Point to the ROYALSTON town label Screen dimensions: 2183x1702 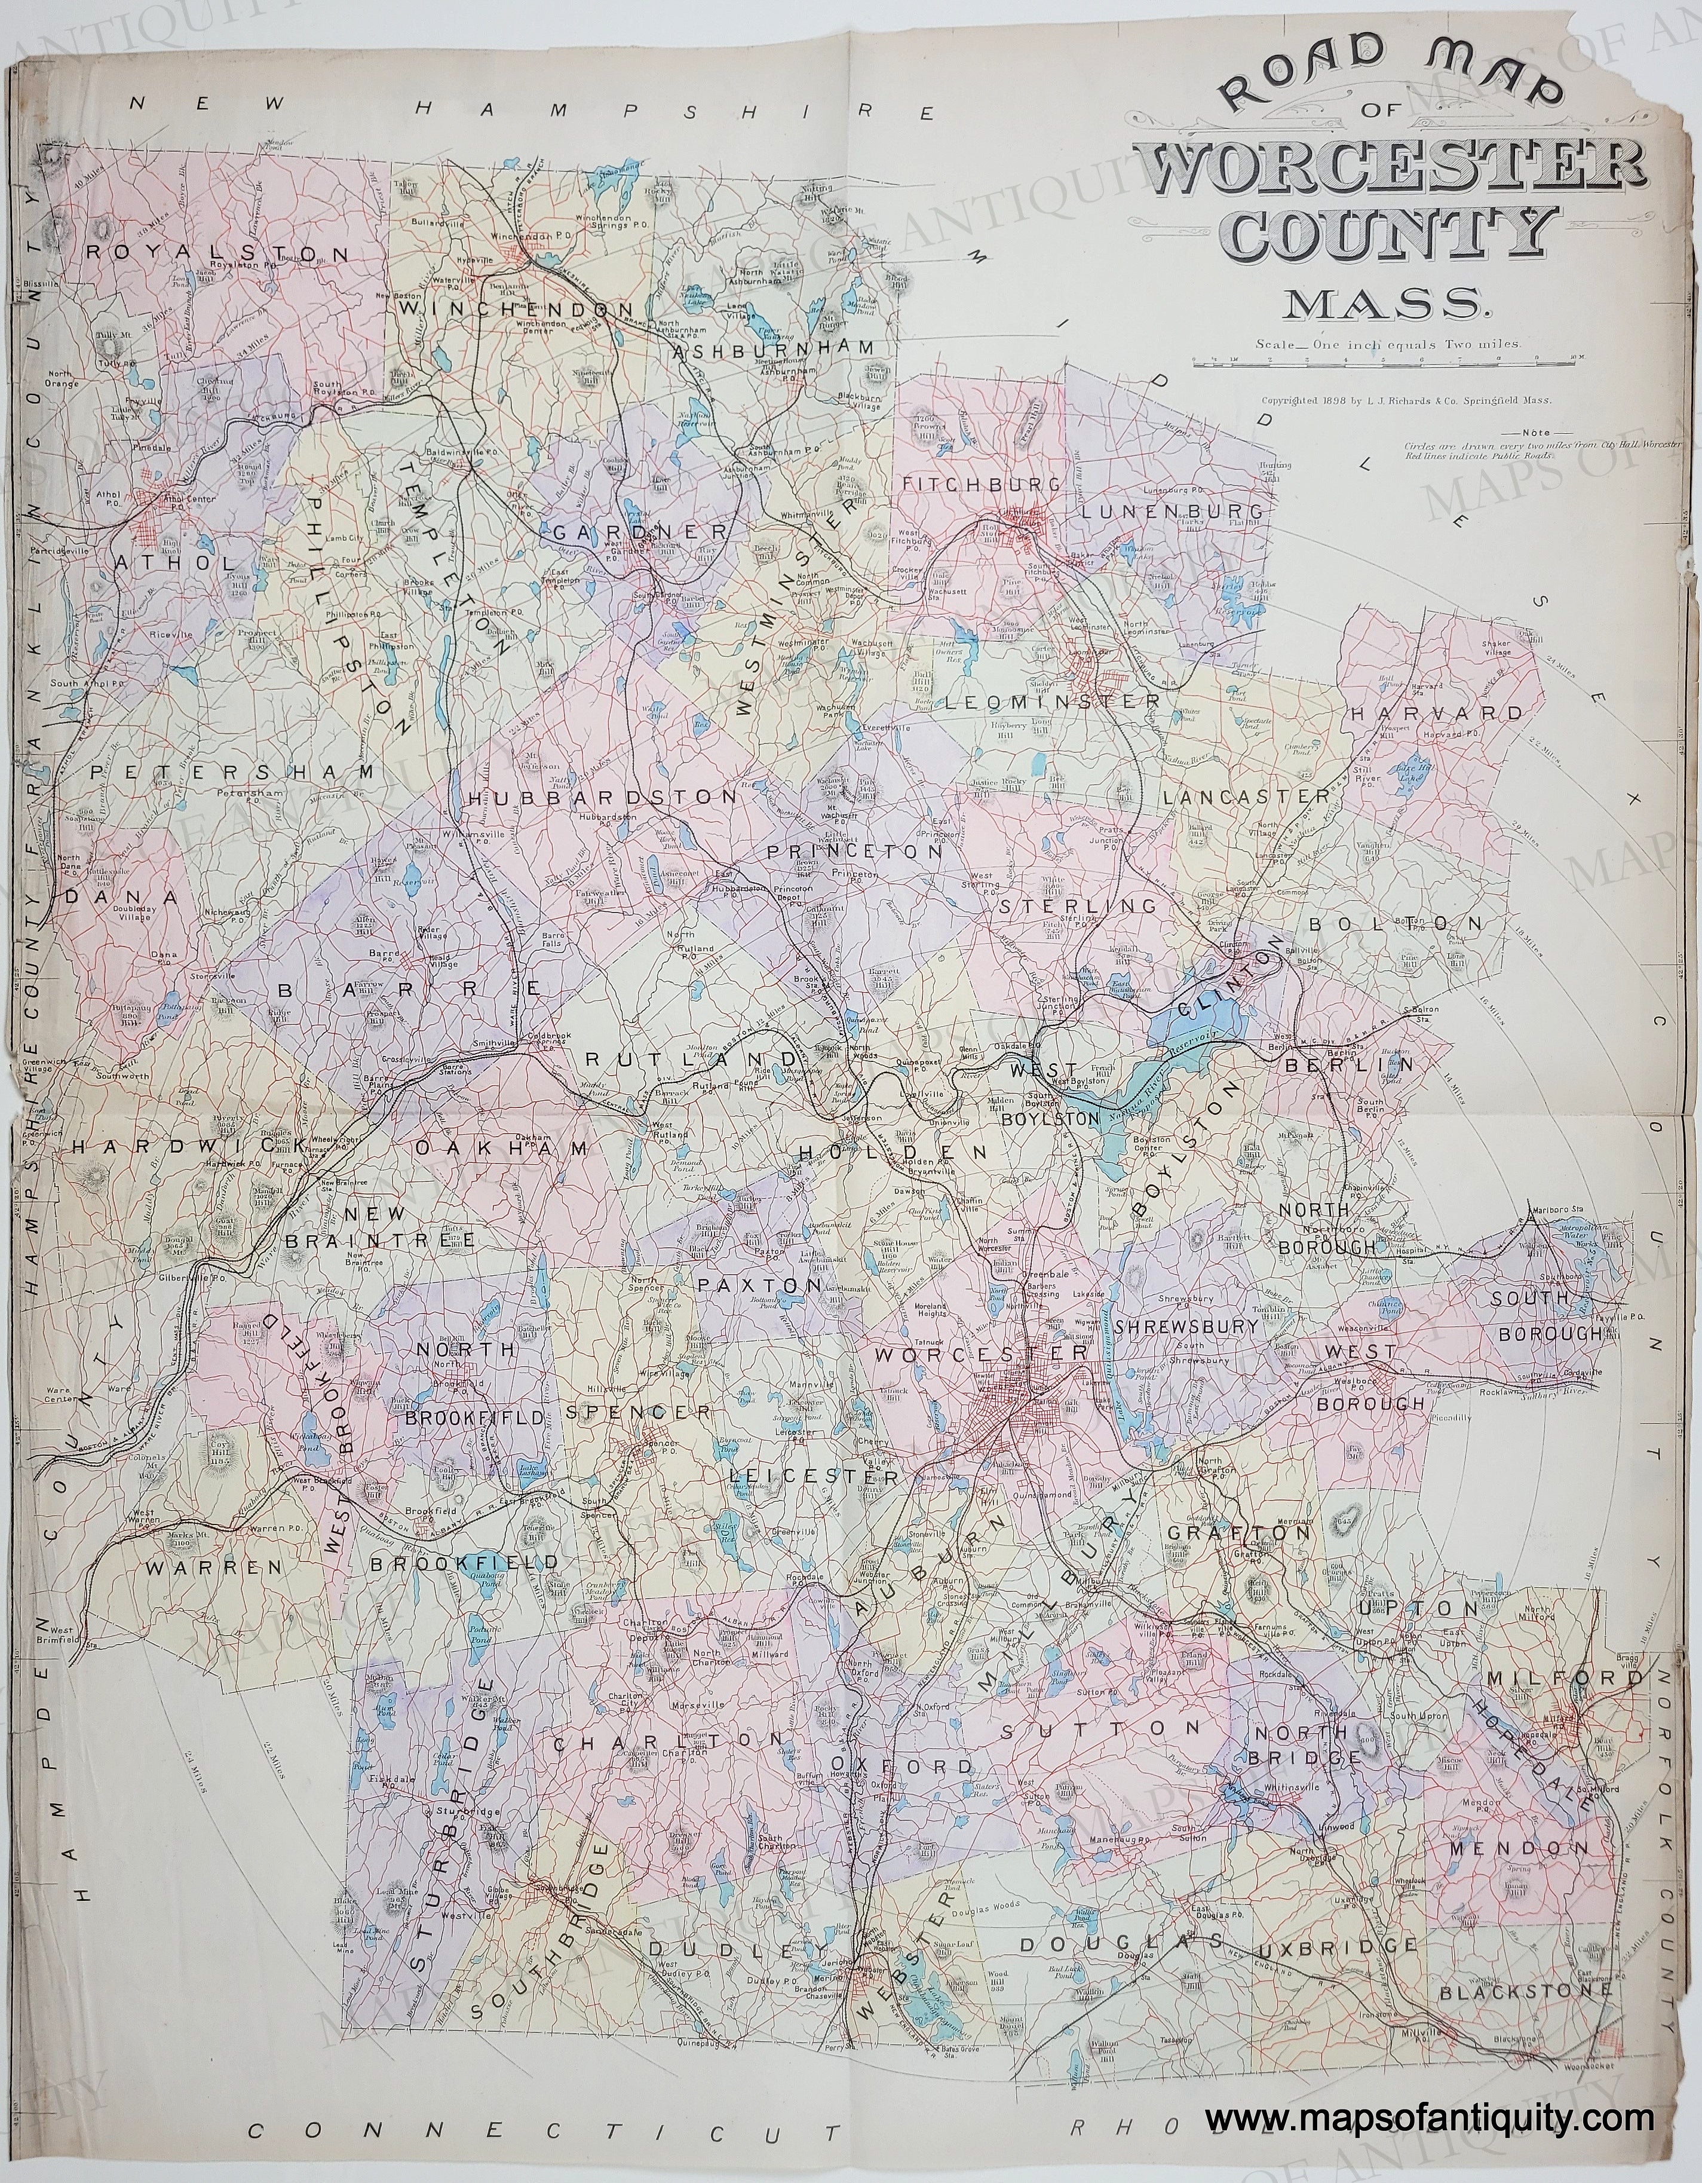(x=219, y=254)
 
